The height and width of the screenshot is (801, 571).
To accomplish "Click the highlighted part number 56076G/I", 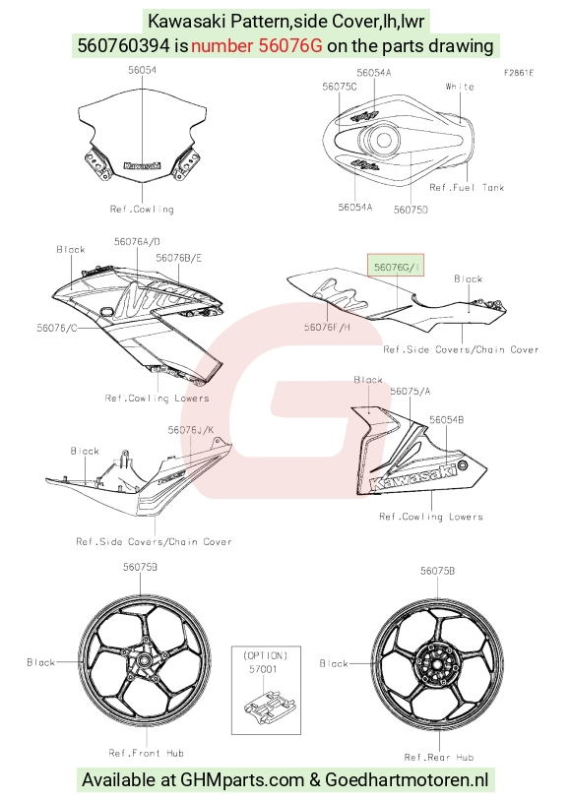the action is click(x=396, y=267).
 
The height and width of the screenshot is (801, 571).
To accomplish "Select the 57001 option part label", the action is click(x=263, y=669).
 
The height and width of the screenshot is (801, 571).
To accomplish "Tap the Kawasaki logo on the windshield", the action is click(x=142, y=165).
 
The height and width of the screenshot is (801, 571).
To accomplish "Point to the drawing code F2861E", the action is click(x=519, y=73).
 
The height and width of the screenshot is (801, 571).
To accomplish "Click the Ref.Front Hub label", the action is click(x=147, y=753).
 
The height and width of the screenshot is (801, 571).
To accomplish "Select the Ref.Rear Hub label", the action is click(x=439, y=757).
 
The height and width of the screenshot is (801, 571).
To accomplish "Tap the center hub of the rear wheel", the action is click(x=437, y=664).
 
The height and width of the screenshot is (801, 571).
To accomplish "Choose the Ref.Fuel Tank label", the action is click(x=467, y=188).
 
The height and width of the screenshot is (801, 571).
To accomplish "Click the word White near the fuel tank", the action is click(x=460, y=87).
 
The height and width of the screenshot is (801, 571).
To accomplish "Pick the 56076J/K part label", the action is click(x=191, y=430).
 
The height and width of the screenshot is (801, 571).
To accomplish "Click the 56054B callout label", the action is click(x=446, y=419).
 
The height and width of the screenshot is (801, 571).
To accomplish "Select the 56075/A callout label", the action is click(x=410, y=391).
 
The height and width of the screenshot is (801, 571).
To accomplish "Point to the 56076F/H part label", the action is click(x=327, y=327).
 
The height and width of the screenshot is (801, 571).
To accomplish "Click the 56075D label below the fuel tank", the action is click(x=411, y=210).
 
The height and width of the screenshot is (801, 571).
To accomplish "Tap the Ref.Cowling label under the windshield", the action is click(x=142, y=209).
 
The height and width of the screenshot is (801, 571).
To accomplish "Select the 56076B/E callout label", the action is click(x=178, y=258).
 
